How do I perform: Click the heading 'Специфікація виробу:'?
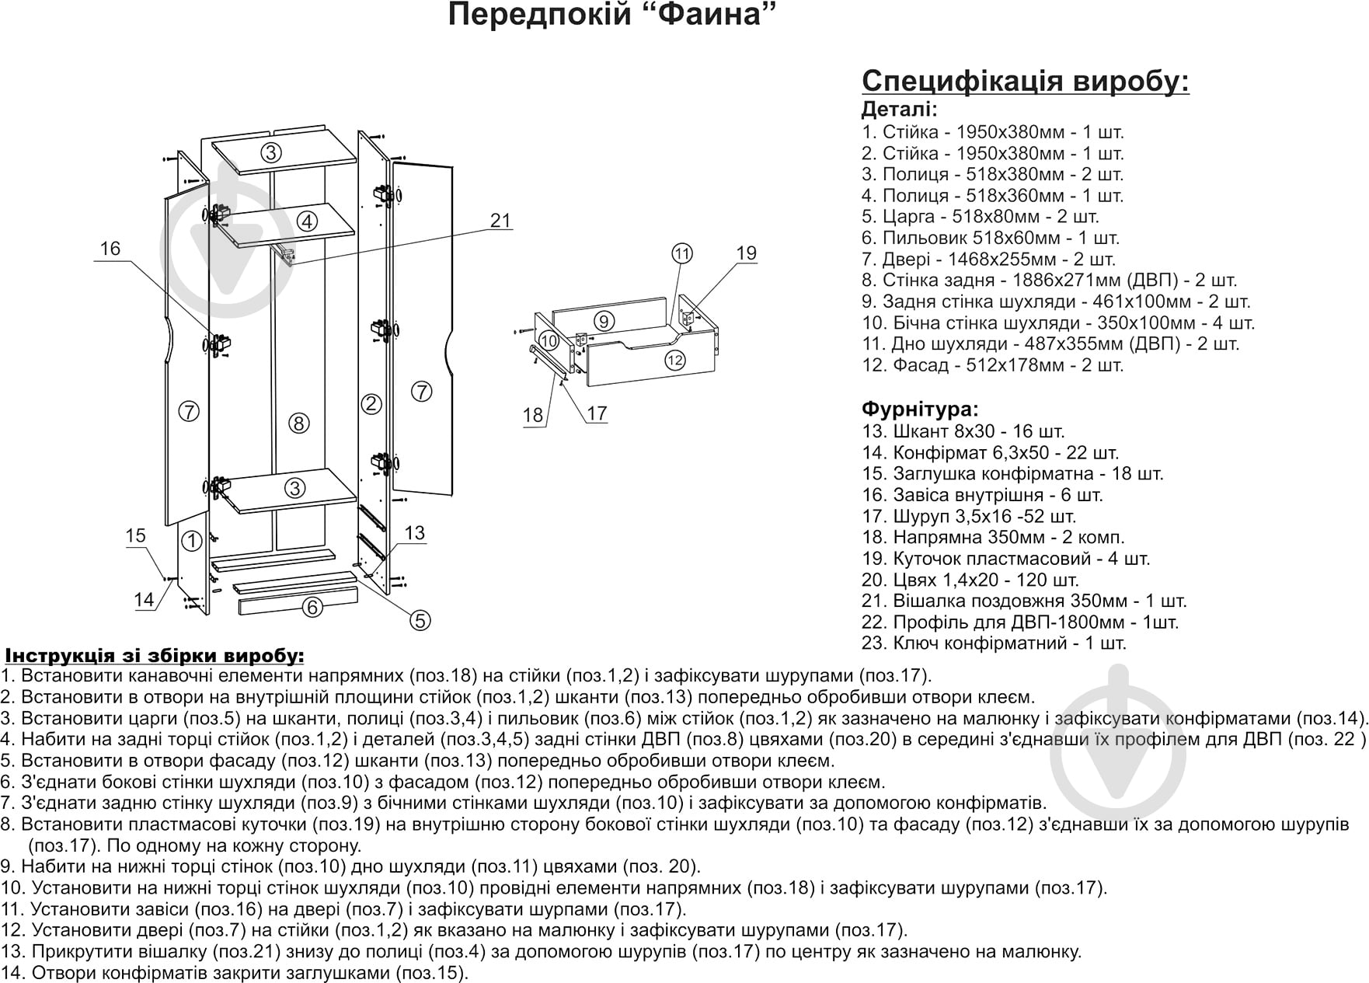1026,81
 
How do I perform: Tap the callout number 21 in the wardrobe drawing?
501,221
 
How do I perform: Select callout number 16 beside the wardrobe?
110,249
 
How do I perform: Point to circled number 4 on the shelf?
308,221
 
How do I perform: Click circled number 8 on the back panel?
298,424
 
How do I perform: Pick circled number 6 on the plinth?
312,607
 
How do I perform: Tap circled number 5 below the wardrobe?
420,620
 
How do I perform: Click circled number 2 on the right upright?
372,403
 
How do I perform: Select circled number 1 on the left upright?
191,540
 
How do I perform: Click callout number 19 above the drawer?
746,253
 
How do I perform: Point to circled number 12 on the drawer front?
675,360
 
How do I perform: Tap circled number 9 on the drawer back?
604,319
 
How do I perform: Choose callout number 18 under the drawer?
533,416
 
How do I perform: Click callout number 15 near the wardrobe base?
136,535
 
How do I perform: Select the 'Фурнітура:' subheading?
920,409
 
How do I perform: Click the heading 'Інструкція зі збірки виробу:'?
155,656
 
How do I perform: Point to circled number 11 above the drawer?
682,253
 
